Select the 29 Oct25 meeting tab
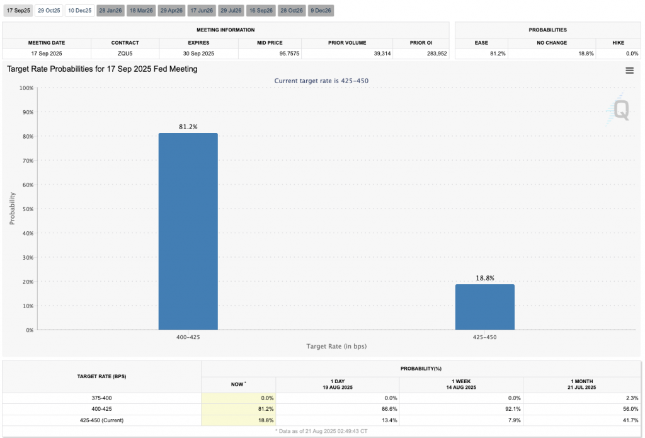49,11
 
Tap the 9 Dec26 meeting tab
321,11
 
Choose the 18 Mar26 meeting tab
141,11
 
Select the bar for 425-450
484,307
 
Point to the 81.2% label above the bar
188,127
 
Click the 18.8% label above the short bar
484,278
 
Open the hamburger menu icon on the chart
629,71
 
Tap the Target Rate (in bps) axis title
336,347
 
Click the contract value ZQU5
125,54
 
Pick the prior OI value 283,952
433,54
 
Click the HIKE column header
618,43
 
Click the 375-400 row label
101,398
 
